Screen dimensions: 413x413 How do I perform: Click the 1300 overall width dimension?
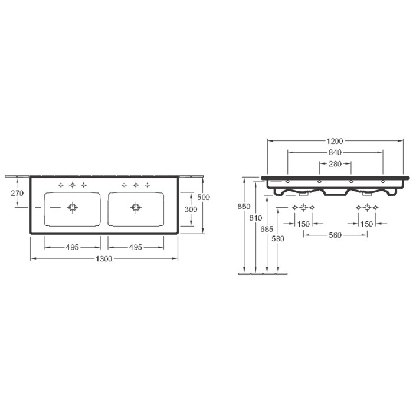coord(104,259)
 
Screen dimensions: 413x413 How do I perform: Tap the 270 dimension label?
coord(17,194)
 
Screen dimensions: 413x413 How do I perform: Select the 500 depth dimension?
coord(204,197)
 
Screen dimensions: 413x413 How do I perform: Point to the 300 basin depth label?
coord(191,209)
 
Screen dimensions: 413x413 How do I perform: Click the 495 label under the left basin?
coord(72,247)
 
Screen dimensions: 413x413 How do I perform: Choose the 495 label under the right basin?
coord(136,247)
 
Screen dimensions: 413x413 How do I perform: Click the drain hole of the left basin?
coord(72,207)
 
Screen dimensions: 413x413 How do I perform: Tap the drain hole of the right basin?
coord(136,207)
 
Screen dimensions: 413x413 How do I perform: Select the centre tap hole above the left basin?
coord(72,185)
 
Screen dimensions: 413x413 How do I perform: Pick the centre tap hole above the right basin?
coord(136,185)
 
